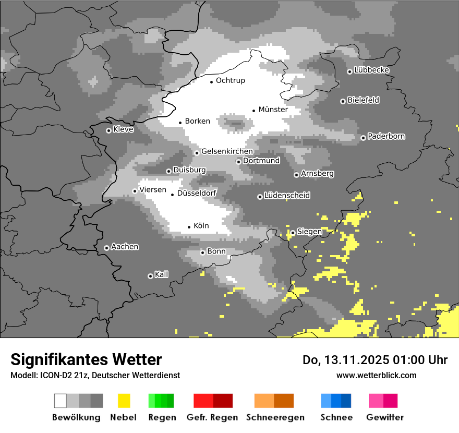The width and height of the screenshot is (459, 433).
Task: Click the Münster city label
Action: (273, 110)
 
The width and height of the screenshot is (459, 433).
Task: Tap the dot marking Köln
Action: (189, 227)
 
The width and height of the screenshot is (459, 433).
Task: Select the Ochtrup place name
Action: (230, 80)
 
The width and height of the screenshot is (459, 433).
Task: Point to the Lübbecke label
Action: (371, 70)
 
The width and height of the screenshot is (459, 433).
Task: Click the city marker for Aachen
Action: (106, 248)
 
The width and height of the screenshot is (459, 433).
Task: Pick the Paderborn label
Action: (386, 136)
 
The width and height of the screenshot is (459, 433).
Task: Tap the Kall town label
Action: (161, 274)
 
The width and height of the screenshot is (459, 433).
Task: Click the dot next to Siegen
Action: (293, 233)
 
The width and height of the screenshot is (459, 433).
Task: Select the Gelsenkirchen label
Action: (227, 151)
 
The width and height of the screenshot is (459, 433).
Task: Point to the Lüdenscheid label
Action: (287, 196)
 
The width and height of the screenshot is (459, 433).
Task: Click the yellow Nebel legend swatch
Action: (124, 401)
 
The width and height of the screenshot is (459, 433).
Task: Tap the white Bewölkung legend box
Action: (61, 401)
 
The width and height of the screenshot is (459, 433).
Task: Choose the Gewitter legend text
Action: (385, 417)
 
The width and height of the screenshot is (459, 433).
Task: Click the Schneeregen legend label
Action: (275, 417)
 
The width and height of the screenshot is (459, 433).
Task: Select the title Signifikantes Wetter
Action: (86, 359)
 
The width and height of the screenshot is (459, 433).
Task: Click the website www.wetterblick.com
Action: (376, 375)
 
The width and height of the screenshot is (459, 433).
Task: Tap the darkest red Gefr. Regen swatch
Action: (223, 401)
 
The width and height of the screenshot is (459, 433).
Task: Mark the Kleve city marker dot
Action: (108, 130)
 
